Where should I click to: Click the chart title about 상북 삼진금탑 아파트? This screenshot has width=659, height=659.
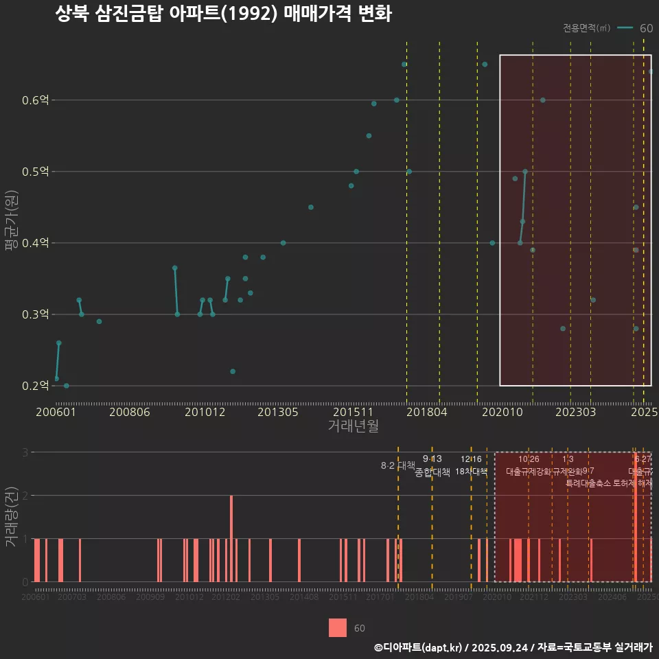[223, 14]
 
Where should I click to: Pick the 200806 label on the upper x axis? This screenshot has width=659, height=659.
[130, 412]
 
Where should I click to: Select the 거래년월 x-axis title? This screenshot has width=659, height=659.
[353, 426]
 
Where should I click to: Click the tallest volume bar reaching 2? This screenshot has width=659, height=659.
[231, 538]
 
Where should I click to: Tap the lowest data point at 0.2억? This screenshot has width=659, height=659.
[66, 386]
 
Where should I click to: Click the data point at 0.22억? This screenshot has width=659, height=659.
[233, 371]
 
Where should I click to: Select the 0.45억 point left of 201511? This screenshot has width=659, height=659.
[310, 207]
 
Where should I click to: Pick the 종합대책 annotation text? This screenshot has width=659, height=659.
[432, 472]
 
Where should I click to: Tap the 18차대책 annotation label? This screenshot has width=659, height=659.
[471, 472]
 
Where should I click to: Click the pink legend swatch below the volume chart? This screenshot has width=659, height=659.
[338, 628]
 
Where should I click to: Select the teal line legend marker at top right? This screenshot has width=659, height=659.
[625, 28]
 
